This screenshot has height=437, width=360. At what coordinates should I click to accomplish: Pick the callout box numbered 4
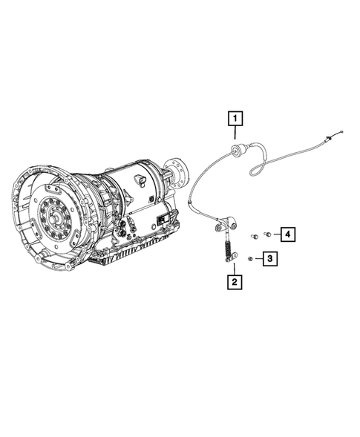tap(285, 234)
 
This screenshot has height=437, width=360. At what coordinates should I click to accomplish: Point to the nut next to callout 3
tap(252, 258)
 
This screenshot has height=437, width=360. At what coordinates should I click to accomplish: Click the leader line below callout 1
tap(235, 136)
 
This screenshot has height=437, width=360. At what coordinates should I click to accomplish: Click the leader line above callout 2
tap(235, 269)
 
